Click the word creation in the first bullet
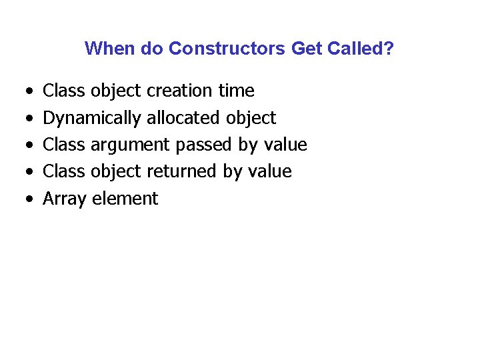pyautogui.click(x=178, y=91)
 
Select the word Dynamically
pyautogui.click(x=92, y=118)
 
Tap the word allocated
pyautogui.click(x=184, y=118)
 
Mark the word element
pyautogui.click(x=125, y=199)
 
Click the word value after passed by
pyautogui.click(x=285, y=145)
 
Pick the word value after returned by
pyautogui.click(x=269, y=171)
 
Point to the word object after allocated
pyautogui.click(x=251, y=118)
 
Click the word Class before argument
pyautogui.click(x=64, y=145)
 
